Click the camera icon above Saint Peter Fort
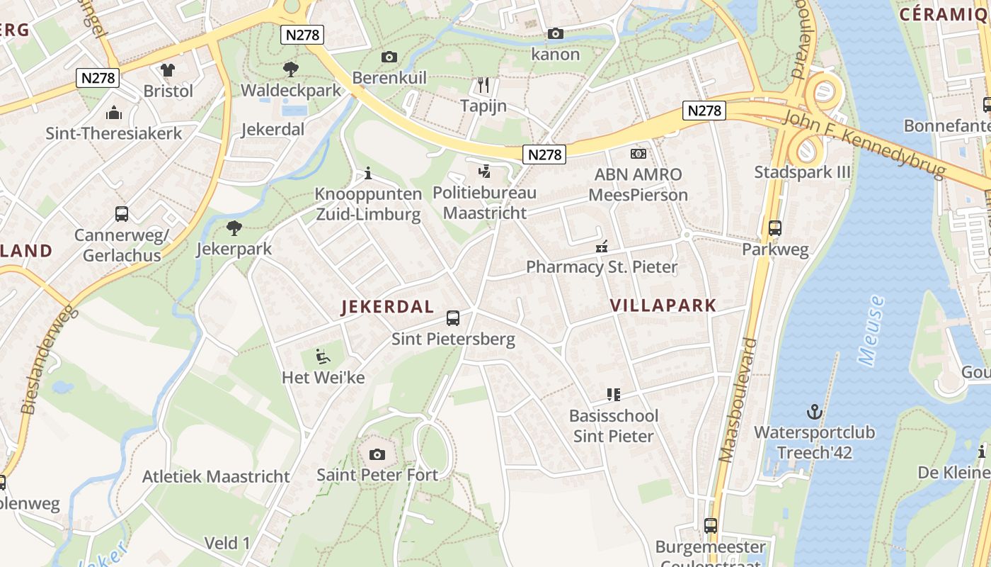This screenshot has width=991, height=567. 377,454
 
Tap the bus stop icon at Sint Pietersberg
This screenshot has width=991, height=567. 453,318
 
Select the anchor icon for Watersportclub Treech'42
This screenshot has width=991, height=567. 814,412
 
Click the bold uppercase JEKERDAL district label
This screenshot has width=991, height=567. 387,307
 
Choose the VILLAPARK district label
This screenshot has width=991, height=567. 663,305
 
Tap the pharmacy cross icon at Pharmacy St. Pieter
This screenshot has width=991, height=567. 602,247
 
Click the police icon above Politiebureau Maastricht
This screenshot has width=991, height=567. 485,171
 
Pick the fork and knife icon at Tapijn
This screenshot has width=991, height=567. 484,85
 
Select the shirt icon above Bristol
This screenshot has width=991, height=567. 168,69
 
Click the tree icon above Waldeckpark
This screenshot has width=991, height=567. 290,69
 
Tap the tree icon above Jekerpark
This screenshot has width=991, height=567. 234,228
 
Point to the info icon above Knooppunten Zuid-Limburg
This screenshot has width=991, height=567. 367,173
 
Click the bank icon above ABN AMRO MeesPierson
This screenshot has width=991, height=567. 638,153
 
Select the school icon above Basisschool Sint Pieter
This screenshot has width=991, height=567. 614,394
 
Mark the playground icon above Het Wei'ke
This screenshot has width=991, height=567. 323,356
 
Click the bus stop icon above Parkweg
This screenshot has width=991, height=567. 775,228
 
